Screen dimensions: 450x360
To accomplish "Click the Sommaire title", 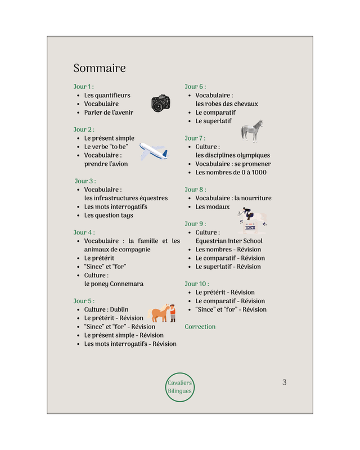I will pos(100,69).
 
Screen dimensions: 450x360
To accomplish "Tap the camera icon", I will pos(161,103).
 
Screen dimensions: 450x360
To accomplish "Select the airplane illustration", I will pos(153,151).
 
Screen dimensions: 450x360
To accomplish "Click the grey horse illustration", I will pos(252,130).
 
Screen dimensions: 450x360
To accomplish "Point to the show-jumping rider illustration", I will pos(251,220).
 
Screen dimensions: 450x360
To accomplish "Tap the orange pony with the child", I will pos(162,313).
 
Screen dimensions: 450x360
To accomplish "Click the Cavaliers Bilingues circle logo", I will pos(180,386).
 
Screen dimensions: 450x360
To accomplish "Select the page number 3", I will pos(284,382).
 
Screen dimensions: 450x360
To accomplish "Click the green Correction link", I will pos(200,327).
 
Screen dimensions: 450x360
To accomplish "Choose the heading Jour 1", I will pos(83,87).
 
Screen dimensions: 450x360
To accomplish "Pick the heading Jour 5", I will pos(83,301).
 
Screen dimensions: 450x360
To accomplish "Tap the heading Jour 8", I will pos(195,190).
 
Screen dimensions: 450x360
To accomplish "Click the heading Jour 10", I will pos(197,283).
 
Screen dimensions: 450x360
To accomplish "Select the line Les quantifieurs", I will pos(107,96).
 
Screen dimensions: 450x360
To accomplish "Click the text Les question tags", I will pos(109,215).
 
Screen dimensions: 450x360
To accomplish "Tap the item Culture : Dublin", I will pos(106,309).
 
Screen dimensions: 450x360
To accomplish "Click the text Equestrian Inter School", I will pos(229,241).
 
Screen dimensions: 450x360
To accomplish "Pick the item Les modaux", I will pos(213,207).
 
